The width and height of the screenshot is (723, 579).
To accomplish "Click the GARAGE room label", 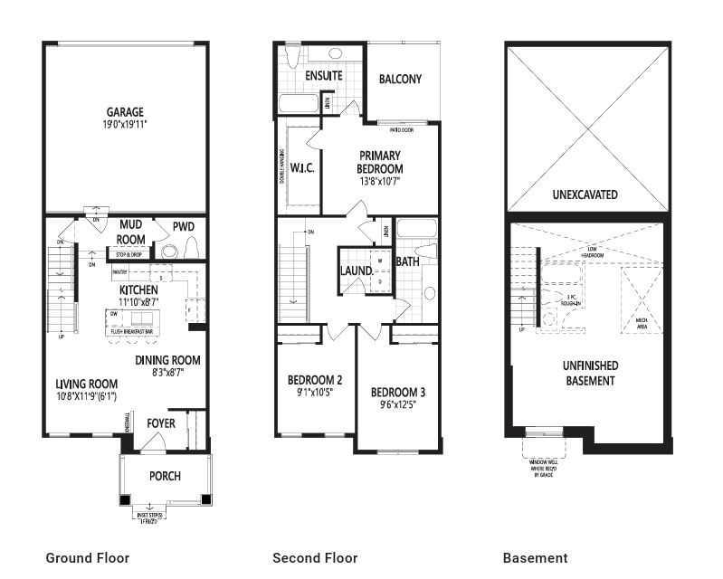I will pos(124,112).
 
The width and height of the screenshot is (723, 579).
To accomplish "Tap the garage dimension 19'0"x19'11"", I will pos(124,124).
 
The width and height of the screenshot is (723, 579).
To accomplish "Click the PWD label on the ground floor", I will pos(184,226).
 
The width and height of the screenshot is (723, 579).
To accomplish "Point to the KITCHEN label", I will pos(138,289).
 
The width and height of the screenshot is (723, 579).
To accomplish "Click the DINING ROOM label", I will pos(167,360).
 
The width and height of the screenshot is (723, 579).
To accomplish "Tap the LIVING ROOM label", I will pos(86,384).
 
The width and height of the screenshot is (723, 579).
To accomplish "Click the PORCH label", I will pos(165,476).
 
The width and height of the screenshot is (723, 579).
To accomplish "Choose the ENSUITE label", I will pos(323,76).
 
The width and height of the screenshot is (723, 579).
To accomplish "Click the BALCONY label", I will pos(400,79).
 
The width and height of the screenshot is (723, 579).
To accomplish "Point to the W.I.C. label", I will pos(301,168).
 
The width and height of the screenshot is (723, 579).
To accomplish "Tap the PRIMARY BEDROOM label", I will pos(380,162).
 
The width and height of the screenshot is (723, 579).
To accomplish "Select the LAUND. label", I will pos(357,271).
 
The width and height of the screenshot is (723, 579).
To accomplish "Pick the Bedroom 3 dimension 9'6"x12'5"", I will pos(398,404).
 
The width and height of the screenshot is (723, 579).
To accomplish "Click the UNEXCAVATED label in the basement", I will pos(585,195).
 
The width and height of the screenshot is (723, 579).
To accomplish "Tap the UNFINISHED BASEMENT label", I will pos(589,373).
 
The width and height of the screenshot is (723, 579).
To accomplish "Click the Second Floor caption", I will pos(315,558).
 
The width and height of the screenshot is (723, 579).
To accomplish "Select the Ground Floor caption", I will pos(87,558).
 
